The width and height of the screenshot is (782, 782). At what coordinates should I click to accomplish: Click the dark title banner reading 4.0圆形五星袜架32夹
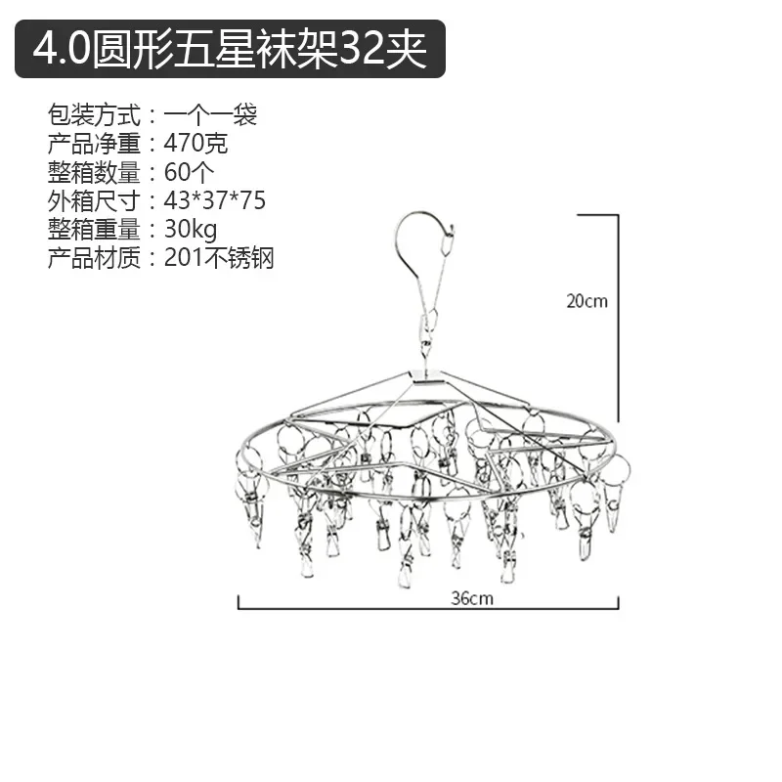click(231, 49)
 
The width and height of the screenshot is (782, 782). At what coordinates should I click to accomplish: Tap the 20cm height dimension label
click(586, 301)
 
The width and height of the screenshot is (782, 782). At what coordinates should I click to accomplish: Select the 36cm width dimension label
click(473, 599)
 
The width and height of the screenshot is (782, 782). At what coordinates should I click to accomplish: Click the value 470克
click(195, 144)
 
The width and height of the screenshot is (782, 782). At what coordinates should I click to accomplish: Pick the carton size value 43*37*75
click(214, 201)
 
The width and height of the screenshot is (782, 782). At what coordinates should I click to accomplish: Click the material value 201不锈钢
click(219, 258)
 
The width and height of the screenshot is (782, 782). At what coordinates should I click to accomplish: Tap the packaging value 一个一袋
click(210, 115)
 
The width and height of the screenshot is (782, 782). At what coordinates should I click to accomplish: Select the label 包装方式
click(94, 115)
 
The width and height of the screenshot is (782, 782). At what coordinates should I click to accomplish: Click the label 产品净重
click(94, 144)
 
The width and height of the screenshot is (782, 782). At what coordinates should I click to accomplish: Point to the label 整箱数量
click(94, 173)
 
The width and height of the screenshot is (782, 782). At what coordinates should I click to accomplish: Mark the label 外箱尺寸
click(94, 201)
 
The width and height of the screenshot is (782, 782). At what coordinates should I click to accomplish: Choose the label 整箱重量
click(94, 230)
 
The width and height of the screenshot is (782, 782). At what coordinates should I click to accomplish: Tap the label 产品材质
click(94, 258)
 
